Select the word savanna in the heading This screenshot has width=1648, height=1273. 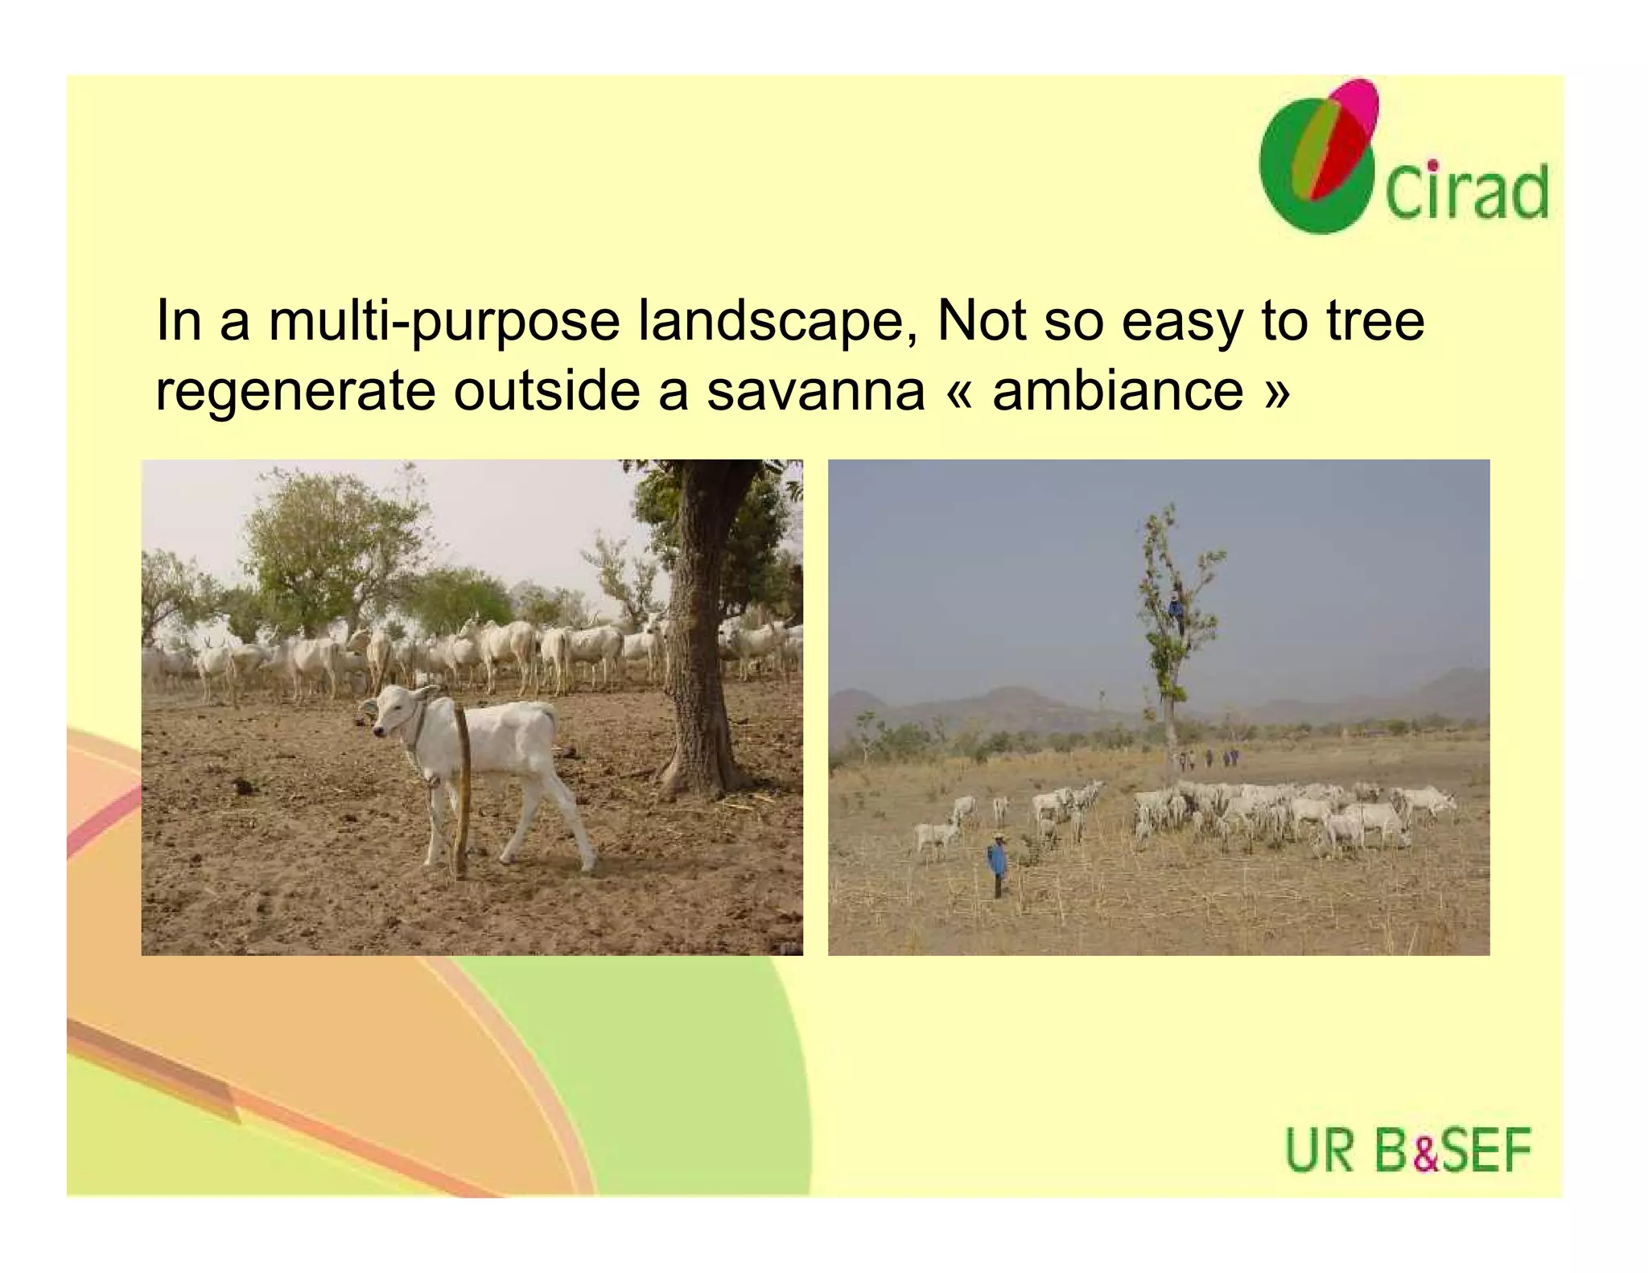tap(815, 391)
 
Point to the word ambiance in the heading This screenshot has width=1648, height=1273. tap(1118, 391)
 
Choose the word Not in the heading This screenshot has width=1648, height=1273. tap(981, 320)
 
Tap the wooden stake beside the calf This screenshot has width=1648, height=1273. tap(462, 789)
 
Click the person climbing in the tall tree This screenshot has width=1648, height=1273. tap(1176, 612)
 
